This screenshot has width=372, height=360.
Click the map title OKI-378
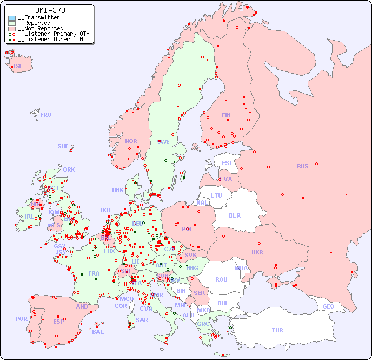(x=50, y=10)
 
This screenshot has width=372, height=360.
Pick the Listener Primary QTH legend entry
(x=53, y=34)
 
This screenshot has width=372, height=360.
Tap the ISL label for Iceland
(x=18, y=67)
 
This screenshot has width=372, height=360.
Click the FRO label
(x=46, y=115)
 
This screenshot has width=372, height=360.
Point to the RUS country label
(x=302, y=166)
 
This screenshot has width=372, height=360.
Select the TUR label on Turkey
(x=277, y=330)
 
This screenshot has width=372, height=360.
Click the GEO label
(x=328, y=306)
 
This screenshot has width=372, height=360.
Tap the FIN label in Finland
(x=226, y=115)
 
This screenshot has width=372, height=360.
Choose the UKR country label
(x=257, y=252)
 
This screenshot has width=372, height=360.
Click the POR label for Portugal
(x=21, y=319)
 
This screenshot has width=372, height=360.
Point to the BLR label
(x=235, y=215)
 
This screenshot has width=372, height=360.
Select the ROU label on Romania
(x=221, y=279)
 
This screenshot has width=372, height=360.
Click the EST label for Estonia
(x=227, y=163)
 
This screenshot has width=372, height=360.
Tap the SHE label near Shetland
(x=63, y=146)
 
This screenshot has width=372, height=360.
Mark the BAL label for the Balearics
(x=98, y=332)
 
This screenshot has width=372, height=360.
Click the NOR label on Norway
(x=131, y=141)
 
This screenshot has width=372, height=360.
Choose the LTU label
(x=216, y=195)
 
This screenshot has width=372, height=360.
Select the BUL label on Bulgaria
(x=223, y=303)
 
